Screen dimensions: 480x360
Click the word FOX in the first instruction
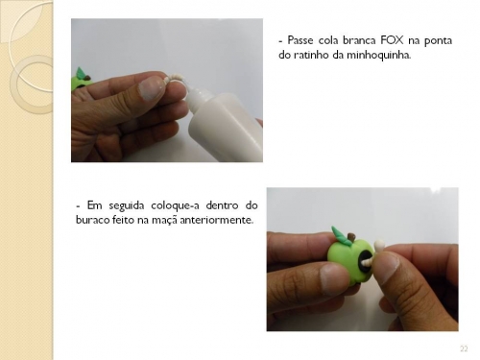pyautogui.click(x=393, y=40)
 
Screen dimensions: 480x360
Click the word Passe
pyautogui.click(x=300, y=40)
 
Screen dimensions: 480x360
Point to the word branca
pyautogui.click(x=359, y=40)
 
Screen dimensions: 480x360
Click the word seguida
pyautogui.click(x=127, y=205)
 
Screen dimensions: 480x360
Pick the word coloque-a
pyautogui.click(x=175, y=205)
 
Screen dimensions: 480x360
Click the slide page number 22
pyautogui.click(x=464, y=348)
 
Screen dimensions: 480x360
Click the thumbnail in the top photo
pyautogui.click(x=152, y=89)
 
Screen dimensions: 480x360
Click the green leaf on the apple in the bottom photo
pyautogui.click(x=340, y=234)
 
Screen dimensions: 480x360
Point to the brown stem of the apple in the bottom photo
pyautogui.click(x=351, y=238)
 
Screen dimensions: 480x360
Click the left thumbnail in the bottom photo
pyautogui.click(x=334, y=278)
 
